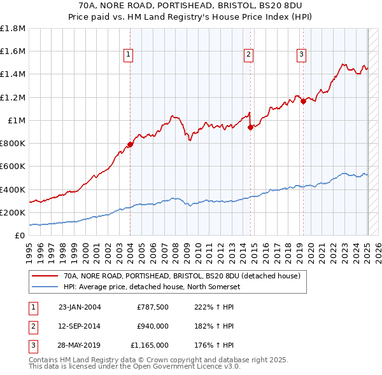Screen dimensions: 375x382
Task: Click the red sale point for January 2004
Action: point(130,144)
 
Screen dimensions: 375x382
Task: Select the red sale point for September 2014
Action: point(250,127)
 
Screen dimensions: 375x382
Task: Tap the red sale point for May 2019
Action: point(303,101)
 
